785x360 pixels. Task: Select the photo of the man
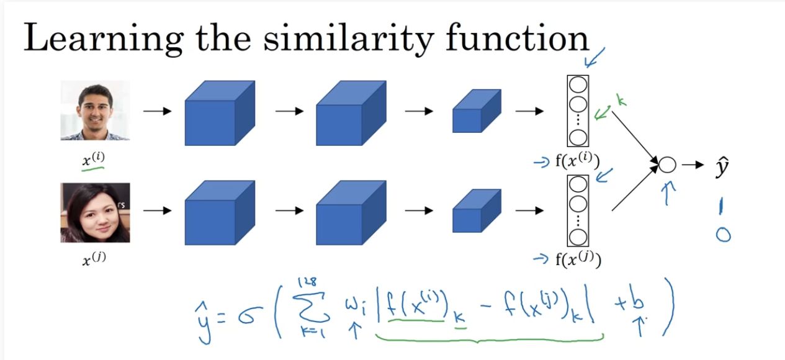click(x=95, y=110)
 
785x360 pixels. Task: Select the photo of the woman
click(x=95, y=212)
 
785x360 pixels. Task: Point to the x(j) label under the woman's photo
click(x=94, y=259)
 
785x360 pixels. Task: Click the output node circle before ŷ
click(x=666, y=165)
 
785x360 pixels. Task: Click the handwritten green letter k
click(x=621, y=100)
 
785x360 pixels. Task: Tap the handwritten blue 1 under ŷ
click(x=722, y=206)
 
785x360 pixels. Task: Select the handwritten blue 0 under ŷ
click(x=723, y=235)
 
